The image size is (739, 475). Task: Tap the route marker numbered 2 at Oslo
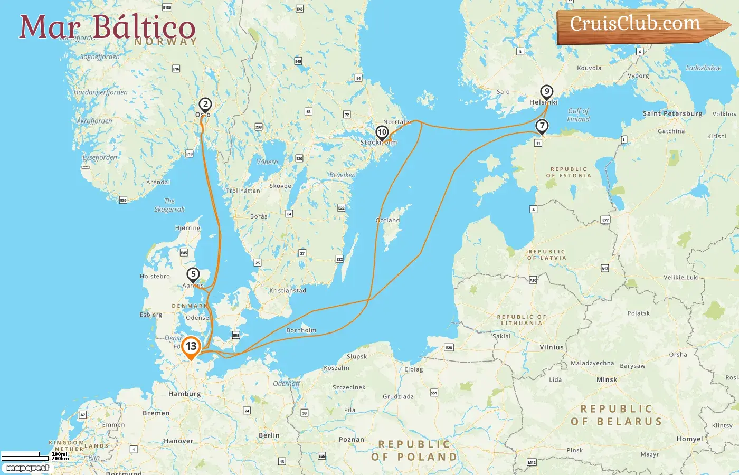click(205, 104)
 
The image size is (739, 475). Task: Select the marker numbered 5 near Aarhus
click(193, 274)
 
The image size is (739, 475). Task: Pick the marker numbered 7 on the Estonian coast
click(542, 126)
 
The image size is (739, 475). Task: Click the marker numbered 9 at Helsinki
click(547, 92)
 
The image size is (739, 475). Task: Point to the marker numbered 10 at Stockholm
click(382, 132)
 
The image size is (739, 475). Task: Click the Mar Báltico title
click(108, 27)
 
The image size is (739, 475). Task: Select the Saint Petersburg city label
click(672, 113)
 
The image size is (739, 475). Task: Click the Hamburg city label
click(184, 394)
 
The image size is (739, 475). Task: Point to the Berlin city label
click(269, 435)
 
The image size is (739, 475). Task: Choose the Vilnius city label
click(552, 347)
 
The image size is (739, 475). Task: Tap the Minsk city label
click(607, 379)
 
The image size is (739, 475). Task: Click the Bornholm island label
click(301, 330)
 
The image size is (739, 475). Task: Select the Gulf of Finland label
click(578, 115)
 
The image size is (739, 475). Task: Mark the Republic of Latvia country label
click(546, 255)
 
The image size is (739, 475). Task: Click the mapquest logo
click(27, 468)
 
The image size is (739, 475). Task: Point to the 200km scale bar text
click(60, 459)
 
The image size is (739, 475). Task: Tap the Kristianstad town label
click(287, 291)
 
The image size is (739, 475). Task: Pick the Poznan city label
click(352, 440)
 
